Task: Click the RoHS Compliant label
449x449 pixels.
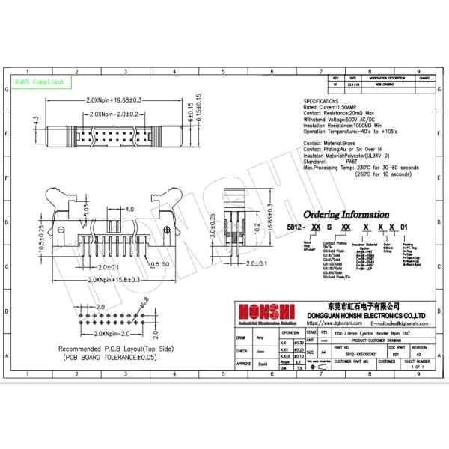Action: tap(39, 81)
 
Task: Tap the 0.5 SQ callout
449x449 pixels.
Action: tap(161, 264)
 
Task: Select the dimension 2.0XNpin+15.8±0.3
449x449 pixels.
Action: tap(113, 278)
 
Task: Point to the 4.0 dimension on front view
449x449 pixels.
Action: tap(129, 208)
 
